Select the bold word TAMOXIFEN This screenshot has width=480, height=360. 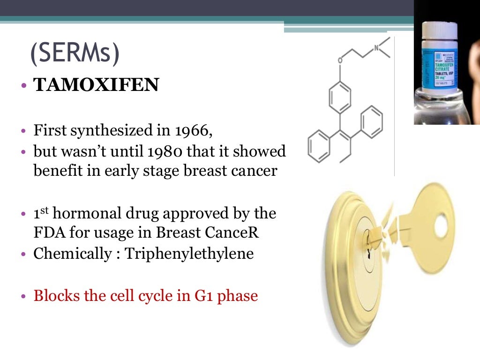pos(96,86)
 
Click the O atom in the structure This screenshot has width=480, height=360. pos(340,60)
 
